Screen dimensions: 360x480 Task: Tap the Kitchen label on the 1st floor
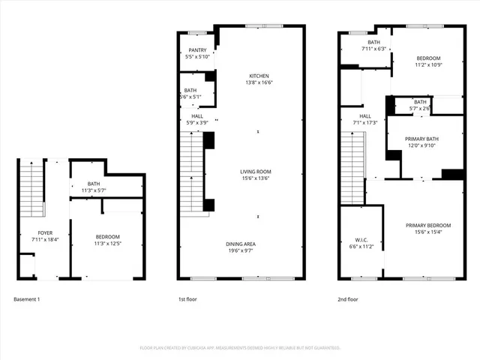pyautogui.click(x=259, y=76)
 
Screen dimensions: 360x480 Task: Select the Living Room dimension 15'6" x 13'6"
pyautogui.click(x=259, y=178)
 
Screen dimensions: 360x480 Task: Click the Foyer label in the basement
pyautogui.click(x=35, y=233)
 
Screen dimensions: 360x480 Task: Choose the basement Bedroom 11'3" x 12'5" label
pyautogui.click(x=107, y=238)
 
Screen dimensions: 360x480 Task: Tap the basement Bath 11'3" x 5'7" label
pyautogui.click(x=94, y=184)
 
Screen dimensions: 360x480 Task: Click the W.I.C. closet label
pyautogui.click(x=361, y=241)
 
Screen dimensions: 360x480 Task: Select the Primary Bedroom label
pyautogui.click(x=428, y=226)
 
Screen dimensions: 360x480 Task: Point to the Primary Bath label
pyautogui.click(x=421, y=139)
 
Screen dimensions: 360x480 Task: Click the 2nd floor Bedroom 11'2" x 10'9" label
pyautogui.click(x=428, y=58)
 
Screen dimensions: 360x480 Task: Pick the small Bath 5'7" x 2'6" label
pyautogui.click(x=420, y=102)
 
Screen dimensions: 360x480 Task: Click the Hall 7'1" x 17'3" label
pyautogui.click(x=365, y=116)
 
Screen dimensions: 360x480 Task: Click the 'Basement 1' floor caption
pyautogui.click(x=27, y=299)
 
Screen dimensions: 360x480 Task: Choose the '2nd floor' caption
pyautogui.click(x=348, y=299)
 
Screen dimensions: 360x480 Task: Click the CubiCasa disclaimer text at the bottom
pyautogui.click(x=240, y=348)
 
